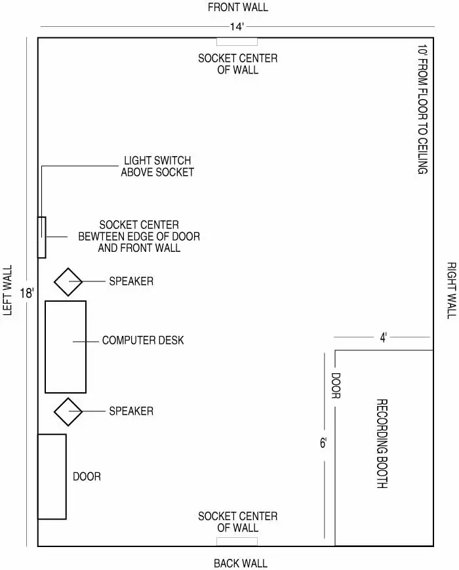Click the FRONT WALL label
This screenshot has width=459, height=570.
tap(237, 8)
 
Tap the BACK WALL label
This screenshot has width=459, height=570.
tap(241, 563)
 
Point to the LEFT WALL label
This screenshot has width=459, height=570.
tap(8, 290)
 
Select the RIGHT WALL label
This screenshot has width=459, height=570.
tap(451, 291)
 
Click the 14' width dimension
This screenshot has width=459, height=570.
tap(237, 27)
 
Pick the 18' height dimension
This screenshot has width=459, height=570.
tap(27, 293)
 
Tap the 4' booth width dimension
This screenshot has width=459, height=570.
tap(384, 338)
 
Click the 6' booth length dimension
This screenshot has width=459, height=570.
tap(323, 443)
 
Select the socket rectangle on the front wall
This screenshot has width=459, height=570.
tap(237, 42)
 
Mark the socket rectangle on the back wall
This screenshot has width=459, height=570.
tap(237, 542)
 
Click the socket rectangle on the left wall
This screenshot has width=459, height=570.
tap(42, 237)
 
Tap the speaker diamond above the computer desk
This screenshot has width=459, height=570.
tap(68, 282)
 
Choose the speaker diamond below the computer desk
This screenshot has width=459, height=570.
tap(68, 411)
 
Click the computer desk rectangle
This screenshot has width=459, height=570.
tap(66, 347)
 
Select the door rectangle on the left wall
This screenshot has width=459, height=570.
tap(52, 477)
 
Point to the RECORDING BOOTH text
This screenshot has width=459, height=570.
tap(382, 443)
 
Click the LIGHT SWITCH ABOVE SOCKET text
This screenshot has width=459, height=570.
tap(157, 166)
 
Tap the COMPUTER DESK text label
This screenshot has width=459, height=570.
tap(143, 340)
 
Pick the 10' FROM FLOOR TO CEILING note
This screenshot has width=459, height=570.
tap(422, 110)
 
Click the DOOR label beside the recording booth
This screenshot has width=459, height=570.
tap(336, 386)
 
